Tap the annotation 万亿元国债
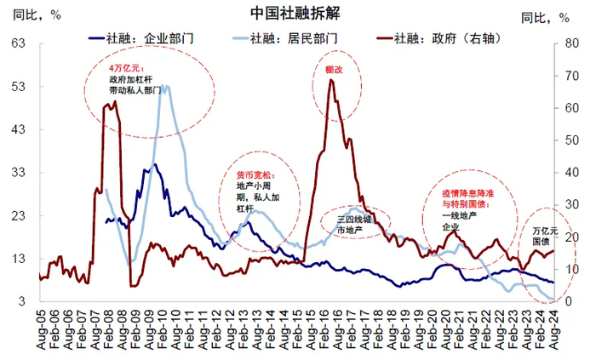coord(547,236)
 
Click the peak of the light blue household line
coord(164,86)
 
